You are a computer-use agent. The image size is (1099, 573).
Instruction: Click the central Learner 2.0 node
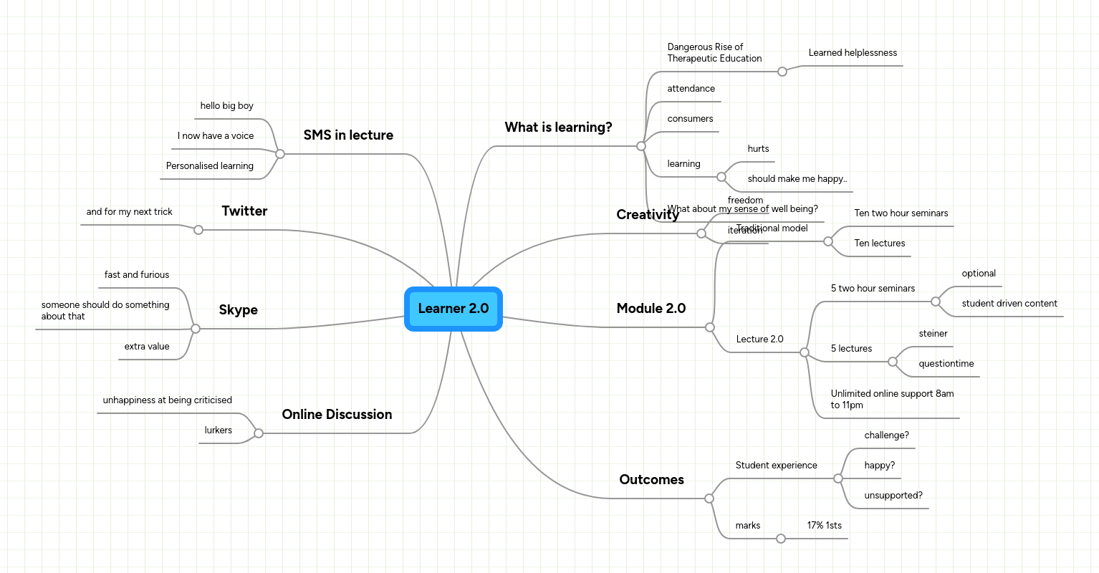453,309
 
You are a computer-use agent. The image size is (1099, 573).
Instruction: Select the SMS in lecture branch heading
348,135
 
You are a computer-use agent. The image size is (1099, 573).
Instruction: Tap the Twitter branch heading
244,211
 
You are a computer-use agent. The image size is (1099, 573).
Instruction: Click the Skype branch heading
238,310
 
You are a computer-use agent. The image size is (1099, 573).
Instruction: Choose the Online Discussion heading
337,415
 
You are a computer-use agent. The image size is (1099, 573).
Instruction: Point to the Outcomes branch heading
651,480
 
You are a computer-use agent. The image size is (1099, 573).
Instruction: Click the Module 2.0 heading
651,309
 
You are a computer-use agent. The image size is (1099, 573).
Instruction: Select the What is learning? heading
558,127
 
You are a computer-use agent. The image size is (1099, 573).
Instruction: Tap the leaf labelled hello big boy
226,106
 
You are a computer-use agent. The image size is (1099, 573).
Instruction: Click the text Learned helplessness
853,53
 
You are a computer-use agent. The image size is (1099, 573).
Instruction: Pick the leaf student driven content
1009,304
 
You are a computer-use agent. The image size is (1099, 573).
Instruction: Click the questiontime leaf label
946,364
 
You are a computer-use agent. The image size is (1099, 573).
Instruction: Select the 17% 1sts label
824,526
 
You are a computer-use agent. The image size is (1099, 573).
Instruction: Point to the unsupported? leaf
893,496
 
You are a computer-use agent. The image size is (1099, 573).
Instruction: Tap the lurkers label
218,430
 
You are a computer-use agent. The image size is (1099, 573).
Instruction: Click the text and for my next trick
129,212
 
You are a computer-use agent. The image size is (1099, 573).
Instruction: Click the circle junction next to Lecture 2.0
805,352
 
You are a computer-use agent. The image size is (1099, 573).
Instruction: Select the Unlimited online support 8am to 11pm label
892,400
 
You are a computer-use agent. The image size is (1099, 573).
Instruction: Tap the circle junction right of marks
781,539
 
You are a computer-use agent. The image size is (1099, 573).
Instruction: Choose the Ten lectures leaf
879,244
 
